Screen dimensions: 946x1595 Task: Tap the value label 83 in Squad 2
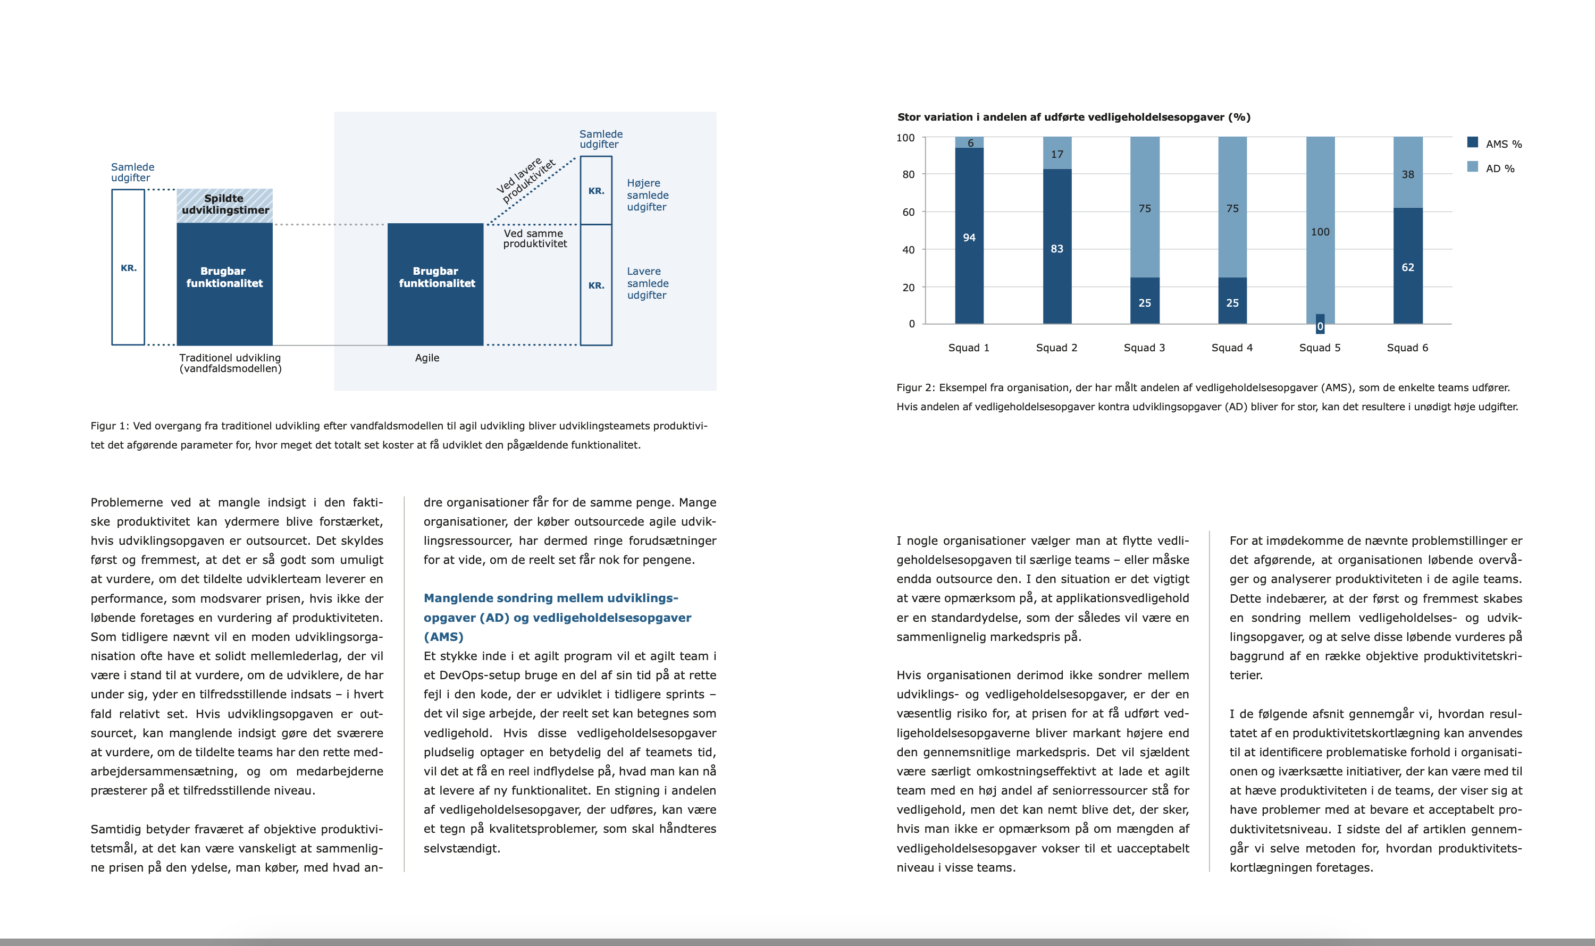pos(1057,249)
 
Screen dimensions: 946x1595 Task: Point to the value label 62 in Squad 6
pos(1407,267)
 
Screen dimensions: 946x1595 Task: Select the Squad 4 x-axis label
pos(1231,348)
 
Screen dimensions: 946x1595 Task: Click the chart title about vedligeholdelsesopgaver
pos(1073,117)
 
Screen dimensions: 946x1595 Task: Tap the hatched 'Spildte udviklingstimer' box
pos(224,205)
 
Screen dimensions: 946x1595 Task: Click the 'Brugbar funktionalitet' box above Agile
pos(435,284)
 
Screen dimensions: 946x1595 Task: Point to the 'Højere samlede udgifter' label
pos(648,195)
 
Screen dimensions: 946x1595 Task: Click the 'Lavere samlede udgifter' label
pos(648,283)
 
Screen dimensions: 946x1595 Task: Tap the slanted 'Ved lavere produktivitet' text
pos(527,180)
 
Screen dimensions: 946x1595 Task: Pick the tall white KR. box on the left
pos(128,267)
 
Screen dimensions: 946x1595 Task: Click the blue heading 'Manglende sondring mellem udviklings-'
pos(550,598)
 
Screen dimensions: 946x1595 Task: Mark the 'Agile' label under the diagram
pos(426,358)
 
